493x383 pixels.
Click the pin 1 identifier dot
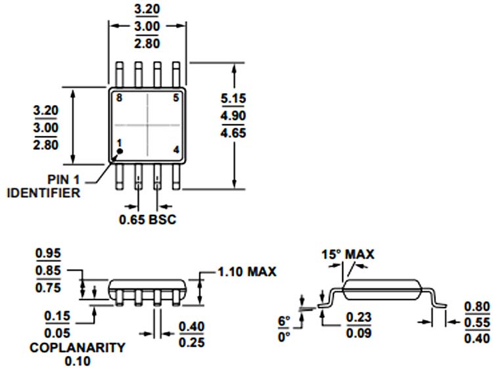[120, 152]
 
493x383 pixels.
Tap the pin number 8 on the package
[119, 98]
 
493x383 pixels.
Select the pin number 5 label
[176, 98]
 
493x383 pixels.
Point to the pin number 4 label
[176, 150]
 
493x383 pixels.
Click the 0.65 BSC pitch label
[147, 219]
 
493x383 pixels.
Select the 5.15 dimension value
[233, 99]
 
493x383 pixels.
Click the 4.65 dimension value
[233, 133]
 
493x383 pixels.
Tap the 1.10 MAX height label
[246, 272]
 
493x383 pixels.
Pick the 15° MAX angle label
[348, 254]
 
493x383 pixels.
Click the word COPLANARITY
[78, 348]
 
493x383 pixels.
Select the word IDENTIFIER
[43, 192]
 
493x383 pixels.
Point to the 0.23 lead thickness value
[359, 317]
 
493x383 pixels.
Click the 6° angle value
[284, 321]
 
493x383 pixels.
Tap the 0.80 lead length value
[477, 306]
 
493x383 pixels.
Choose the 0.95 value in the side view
[48, 253]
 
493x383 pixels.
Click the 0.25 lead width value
[191, 342]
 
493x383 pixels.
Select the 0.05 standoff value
[57, 333]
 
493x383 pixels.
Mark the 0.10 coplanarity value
[78, 361]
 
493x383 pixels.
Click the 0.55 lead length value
[477, 323]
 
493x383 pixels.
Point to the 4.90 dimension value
[233, 116]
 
